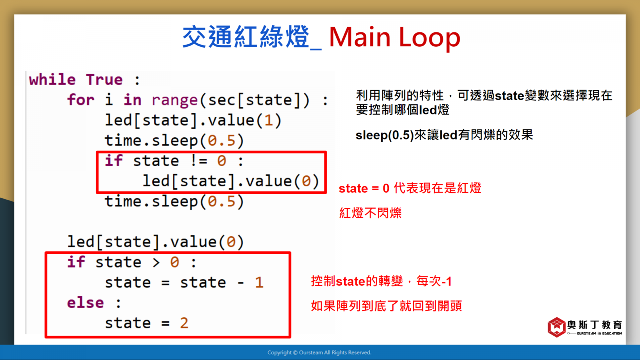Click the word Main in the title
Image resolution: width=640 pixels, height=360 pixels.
(x=360, y=37)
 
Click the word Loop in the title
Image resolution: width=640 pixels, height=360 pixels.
(x=430, y=38)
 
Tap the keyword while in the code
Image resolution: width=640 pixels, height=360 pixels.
(x=52, y=79)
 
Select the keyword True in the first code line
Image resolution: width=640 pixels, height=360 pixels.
(x=104, y=79)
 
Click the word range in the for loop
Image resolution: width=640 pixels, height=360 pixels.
(x=174, y=100)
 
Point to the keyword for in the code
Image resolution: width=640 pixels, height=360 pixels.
(x=80, y=100)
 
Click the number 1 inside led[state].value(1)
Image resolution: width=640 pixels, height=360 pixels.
(x=268, y=120)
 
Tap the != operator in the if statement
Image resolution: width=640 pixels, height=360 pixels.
(x=198, y=161)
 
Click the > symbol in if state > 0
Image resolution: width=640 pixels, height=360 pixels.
(x=156, y=262)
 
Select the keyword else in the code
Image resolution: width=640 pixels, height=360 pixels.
(x=86, y=303)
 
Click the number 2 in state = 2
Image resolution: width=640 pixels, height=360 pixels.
(x=184, y=323)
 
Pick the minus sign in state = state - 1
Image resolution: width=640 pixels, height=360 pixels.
(x=240, y=283)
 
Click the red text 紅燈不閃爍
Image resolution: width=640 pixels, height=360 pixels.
(x=370, y=213)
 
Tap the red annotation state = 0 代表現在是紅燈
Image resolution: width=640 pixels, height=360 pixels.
(x=410, y=188)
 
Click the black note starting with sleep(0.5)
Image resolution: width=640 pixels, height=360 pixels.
(x=444, y=134)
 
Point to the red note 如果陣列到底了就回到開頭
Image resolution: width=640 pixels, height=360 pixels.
(x=386, y=306)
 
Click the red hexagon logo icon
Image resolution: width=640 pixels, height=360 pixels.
(x=556, y=327)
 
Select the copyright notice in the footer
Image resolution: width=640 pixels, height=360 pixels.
(x=320, y=352)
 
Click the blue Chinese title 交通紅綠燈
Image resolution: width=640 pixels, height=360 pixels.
(x=246, y=37)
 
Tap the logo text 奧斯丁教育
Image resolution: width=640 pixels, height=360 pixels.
(x=594, y=325)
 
